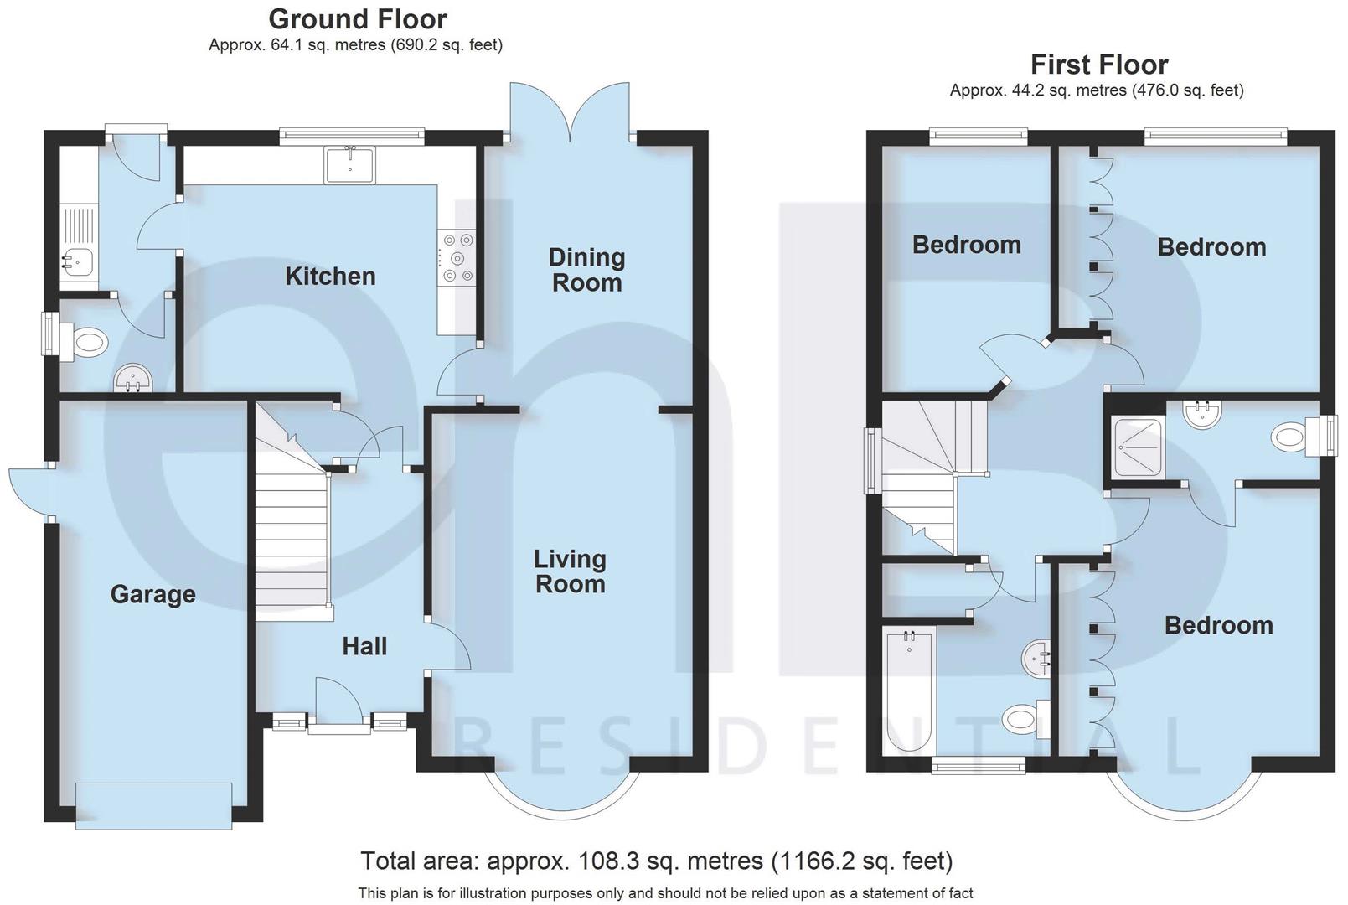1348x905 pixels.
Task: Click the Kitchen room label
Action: click(330, 277)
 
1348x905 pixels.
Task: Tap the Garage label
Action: click(153, 594)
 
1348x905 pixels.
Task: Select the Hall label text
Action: click(364, 646)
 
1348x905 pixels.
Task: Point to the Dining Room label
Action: click(586, 270)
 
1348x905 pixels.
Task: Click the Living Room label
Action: click(570, 571)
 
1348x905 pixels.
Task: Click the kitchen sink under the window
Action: click(350, 164)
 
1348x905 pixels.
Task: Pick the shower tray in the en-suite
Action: click(1139, 448)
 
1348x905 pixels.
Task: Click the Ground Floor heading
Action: click(358, 18)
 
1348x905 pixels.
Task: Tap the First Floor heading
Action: click(1098, 65)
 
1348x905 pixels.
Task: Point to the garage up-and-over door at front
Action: click(153, 805)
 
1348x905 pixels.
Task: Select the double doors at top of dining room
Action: click(570, 109)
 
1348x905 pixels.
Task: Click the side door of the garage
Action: click(30, 490)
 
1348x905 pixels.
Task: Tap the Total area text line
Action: click(656, 861)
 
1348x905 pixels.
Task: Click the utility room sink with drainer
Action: click(78, 248)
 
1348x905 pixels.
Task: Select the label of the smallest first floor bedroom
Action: click(966, 245)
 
